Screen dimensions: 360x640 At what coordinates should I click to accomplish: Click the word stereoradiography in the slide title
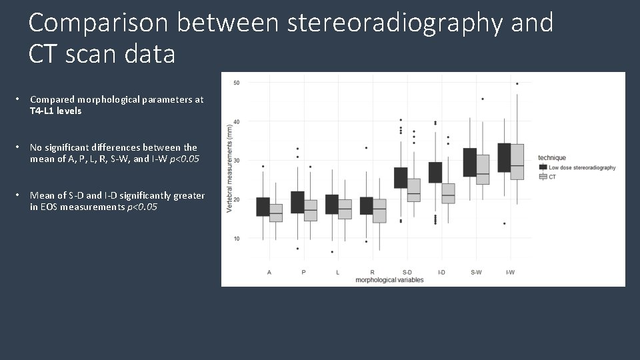[395, 23]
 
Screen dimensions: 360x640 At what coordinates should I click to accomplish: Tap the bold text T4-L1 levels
[56, 111]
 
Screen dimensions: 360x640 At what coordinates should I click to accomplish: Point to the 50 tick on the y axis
[236, 83]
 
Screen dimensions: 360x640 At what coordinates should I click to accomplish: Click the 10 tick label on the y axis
[236, 239]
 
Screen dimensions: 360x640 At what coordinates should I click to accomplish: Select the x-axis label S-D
[407, 273]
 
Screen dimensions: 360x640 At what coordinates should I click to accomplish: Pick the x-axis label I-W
[510, 273]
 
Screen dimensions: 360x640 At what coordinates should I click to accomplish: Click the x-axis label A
[269, 273]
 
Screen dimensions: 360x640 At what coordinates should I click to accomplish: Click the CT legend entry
[553, 177]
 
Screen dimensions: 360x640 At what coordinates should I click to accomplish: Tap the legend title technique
[552, 158]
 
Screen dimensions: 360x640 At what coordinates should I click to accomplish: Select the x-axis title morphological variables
[389, 280]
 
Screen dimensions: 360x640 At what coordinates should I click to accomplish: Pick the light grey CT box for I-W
[517, 161]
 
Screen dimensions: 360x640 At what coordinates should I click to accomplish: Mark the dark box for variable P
[297, 202]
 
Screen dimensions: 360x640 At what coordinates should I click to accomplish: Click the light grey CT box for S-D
[413, 190]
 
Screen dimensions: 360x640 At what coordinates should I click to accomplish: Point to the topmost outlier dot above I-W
[517, 84]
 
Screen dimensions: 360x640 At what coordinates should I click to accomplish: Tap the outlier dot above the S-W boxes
[483, 99]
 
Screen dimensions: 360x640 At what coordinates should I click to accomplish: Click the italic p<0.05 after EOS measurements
[142, 207]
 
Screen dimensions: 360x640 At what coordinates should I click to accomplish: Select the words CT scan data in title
[102, 55]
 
